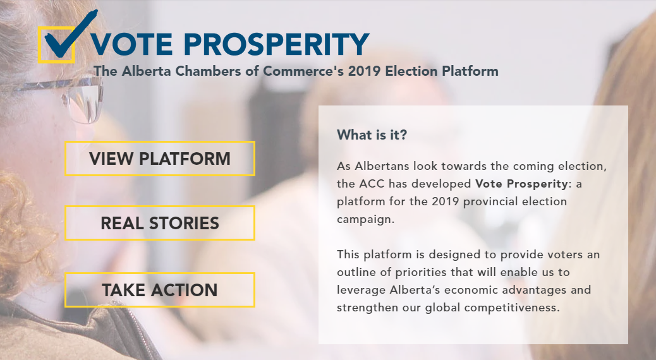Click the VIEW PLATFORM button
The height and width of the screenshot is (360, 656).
point(160,159)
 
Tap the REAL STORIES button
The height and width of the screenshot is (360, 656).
point(160,223)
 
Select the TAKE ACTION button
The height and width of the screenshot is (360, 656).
point(160,290)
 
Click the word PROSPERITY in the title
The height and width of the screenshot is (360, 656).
point(277,44)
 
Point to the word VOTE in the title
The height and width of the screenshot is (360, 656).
point(132,44)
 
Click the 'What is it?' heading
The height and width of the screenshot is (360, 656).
point(372,135)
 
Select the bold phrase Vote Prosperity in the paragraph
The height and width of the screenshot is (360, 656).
point(521,184)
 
